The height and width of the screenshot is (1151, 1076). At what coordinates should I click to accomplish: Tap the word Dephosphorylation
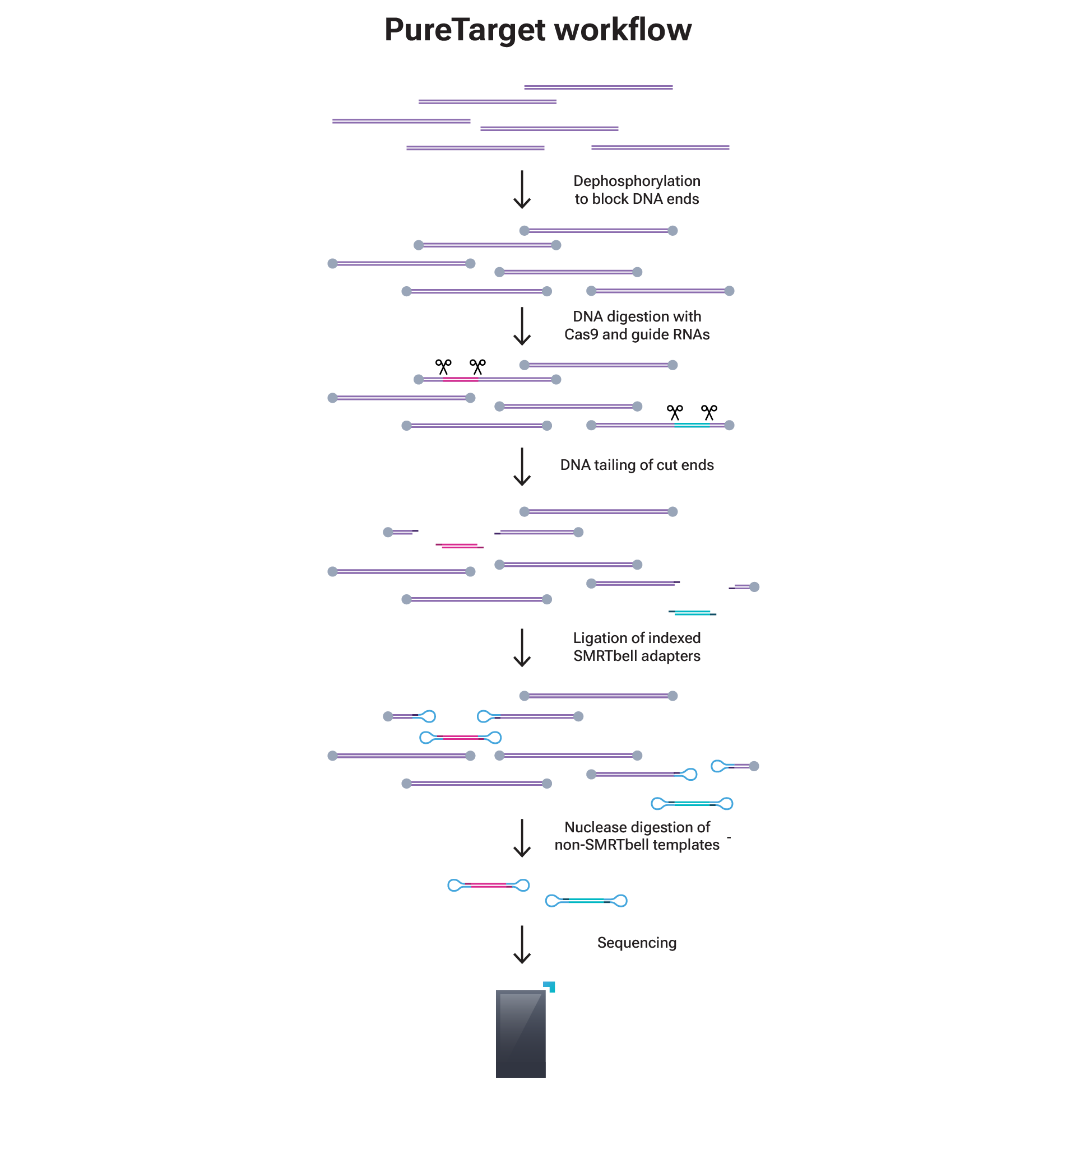pos(636,181)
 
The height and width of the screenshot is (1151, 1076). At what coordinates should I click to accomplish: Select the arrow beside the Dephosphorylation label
pos(522,189)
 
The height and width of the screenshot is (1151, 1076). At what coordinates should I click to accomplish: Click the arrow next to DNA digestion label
pos(522,326)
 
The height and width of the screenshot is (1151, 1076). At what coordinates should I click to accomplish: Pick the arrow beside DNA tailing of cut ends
pos(522,466)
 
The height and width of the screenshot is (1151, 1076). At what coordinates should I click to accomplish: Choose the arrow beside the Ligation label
pos(522,647)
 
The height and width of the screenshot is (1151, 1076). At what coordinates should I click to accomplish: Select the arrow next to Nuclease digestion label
pos(522,838)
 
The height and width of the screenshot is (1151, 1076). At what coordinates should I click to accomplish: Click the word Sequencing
pos(636,943)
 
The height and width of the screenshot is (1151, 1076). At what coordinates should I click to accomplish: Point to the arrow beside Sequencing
pos(522,944)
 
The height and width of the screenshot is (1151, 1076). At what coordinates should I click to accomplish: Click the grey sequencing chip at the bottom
pos(520,1034)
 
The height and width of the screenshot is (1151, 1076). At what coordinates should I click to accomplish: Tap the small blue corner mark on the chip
pos(550,986)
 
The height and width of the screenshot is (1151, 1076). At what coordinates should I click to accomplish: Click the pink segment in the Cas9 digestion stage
pos(460,379)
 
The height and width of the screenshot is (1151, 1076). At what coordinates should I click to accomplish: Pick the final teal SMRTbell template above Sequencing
pos(586,901)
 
